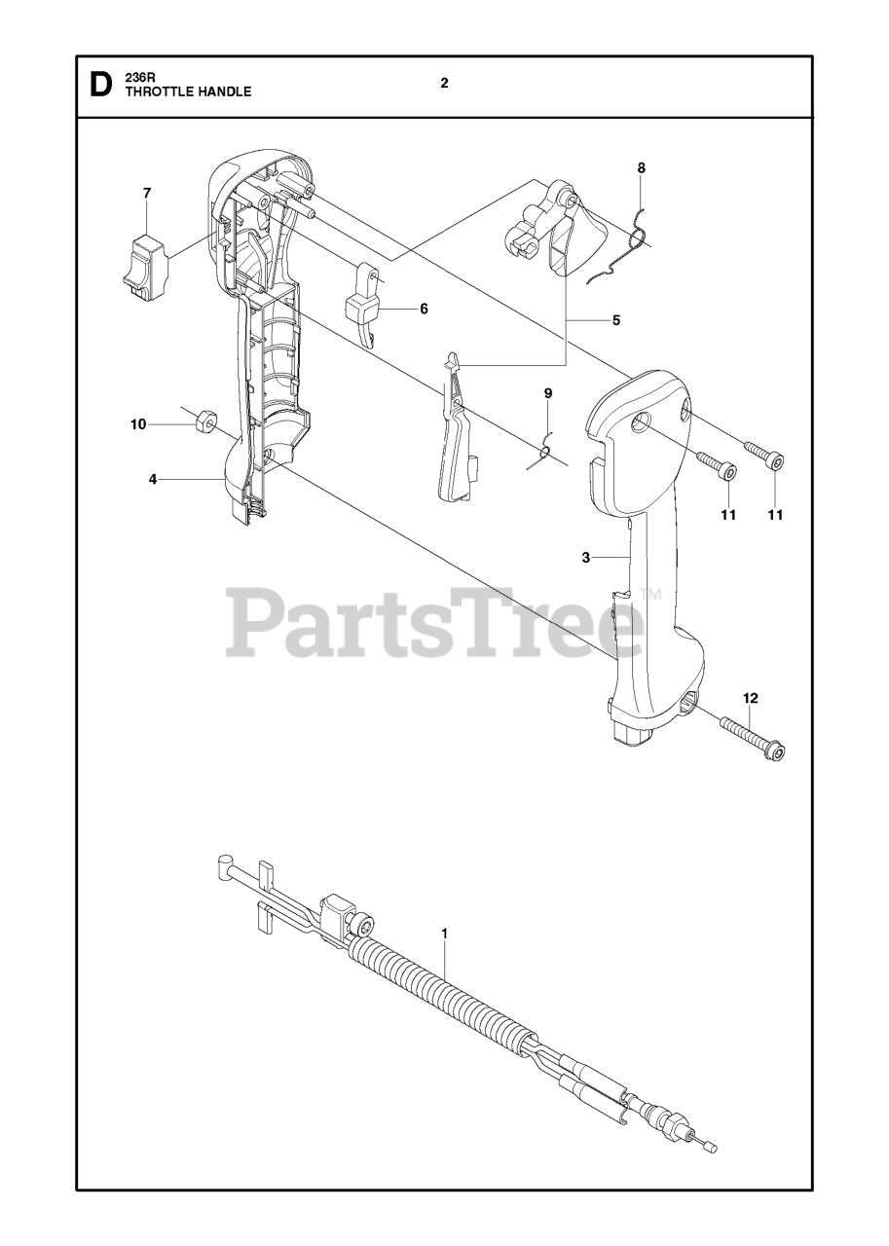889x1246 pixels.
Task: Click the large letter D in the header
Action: coord(99,86)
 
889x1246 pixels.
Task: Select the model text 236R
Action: coord(138,78)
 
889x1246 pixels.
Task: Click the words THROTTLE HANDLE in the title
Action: coord(187,92)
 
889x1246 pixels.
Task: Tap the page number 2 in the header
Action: coord(444,84)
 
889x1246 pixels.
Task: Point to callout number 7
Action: coord(147,194)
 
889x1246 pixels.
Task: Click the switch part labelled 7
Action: coord(147,261)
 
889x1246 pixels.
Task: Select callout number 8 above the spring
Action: coord(641,168)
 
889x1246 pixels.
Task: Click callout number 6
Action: coord(424,309)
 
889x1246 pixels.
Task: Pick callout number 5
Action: coord(615,319)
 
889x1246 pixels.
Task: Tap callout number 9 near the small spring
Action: coord(548,394)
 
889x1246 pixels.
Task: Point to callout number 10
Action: coord(138,424)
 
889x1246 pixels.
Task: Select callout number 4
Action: coord(153,479)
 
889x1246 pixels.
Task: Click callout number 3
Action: coord(585,558)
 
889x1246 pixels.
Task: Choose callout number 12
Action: coord(750,698)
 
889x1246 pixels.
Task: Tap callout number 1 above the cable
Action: coord(444,934)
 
